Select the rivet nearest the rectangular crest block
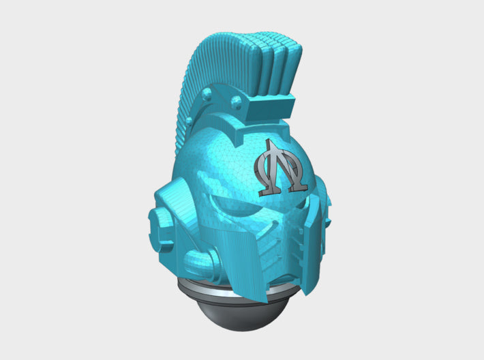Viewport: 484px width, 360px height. [x=236, y=102]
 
